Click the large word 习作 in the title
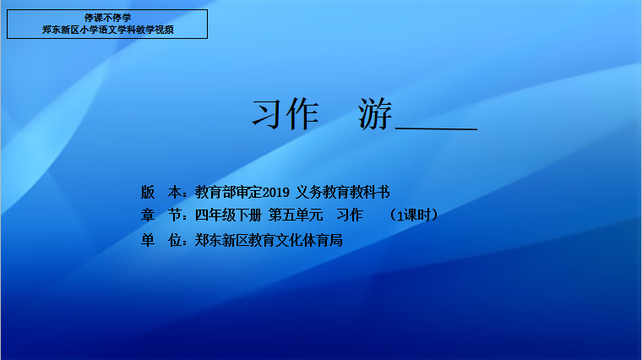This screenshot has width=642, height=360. click(285, 114)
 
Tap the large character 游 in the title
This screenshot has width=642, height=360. click(375, 114)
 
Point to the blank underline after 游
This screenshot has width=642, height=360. click(437, 129)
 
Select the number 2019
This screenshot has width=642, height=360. click(276, 192)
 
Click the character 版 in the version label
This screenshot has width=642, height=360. click(148, 192)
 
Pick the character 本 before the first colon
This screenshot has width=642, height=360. click(175, 192)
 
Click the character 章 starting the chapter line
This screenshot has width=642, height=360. click(148, 215)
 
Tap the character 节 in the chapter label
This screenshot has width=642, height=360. click(175, 215)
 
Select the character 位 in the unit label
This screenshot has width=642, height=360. click(175, 240)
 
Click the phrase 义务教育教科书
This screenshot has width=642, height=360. click(343, 192)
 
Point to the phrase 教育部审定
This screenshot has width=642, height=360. click(228, 192)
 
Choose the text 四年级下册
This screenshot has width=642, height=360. click(228, 215)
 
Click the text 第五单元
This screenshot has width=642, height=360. click(296, 215)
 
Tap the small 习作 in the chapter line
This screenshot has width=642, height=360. click(350, 215)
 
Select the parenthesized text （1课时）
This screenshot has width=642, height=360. click(414, 215)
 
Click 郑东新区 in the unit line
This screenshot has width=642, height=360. click(221, 240)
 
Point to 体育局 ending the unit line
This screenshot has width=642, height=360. click(323, 240)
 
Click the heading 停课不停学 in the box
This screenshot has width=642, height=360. click(107, 18)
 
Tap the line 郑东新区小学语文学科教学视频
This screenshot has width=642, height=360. click(107, 30)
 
